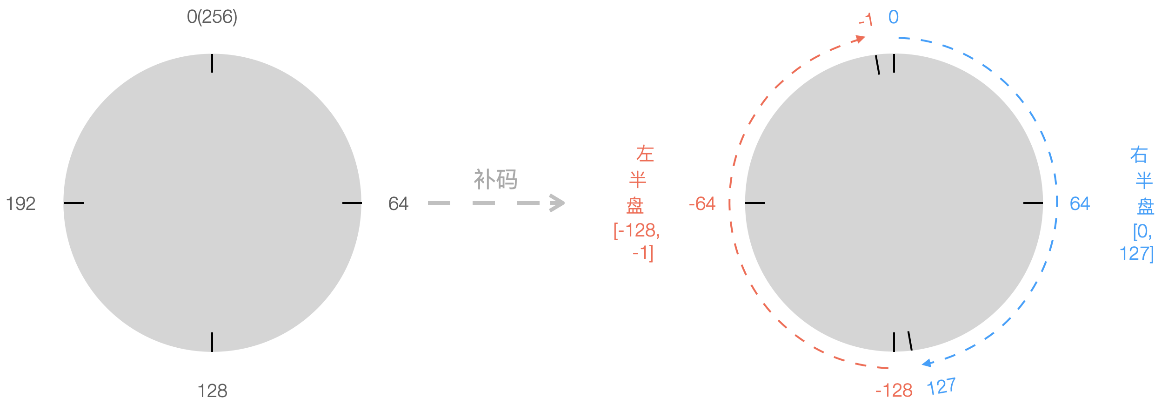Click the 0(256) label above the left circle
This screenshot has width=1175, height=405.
(x=212, y=17)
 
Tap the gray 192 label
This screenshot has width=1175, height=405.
(x=21, y=204)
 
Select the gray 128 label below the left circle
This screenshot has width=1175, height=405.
(x=212, y=391)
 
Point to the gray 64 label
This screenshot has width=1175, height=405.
(x=398, y=204)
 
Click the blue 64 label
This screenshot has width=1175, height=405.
(x=1079, y=204)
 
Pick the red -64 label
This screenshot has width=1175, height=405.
(x=702, y=204)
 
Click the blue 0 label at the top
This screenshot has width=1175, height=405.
(x=893, y=18)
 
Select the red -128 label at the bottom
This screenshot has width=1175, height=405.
(x=894, y=390)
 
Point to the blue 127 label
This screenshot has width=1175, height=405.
(x=941, y=386)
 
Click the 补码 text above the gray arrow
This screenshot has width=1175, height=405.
(x=495, y=180)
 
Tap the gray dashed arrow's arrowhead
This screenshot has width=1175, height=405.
(x=557, y=203)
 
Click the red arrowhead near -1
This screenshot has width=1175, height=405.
(x=860, y=39)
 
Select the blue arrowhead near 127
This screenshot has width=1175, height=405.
(x=928, y=363)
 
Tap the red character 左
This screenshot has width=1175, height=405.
(x=645, y=154)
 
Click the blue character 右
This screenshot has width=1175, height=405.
(x=1139, y=155)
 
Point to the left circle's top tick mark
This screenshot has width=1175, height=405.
(x=212, y=63)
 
